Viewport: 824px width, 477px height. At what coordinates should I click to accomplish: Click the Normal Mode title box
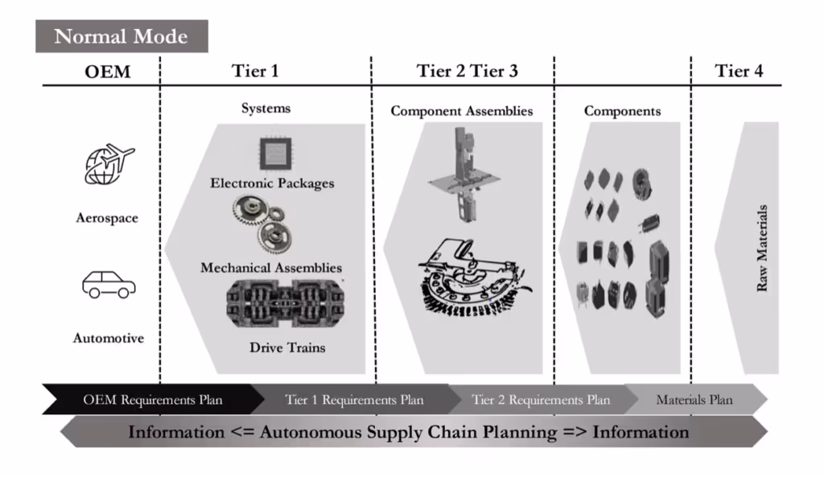pos(122,36)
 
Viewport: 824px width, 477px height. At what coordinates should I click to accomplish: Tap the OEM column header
pos(107,72)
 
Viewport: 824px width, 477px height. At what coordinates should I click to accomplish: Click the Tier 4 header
pos(739,71)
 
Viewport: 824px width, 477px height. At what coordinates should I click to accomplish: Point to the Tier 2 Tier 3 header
pos(467,71)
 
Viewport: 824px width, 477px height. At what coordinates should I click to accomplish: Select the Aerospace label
pos(107,218)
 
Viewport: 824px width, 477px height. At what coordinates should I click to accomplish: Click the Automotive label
pos(109,339)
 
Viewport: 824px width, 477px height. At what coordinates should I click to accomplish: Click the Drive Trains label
pos(287,348)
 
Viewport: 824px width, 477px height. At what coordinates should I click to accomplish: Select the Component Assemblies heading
pos(462,111)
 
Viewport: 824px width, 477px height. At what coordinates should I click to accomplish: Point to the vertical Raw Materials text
pos(762,248)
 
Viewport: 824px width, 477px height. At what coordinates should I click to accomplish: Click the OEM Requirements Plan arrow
pos(153,400)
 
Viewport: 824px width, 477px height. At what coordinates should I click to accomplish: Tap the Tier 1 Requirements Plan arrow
pos(354,400)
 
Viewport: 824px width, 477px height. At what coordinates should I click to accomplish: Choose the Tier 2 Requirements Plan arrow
pos(541,400)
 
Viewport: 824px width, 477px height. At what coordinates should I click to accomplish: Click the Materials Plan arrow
pos(694,400)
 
